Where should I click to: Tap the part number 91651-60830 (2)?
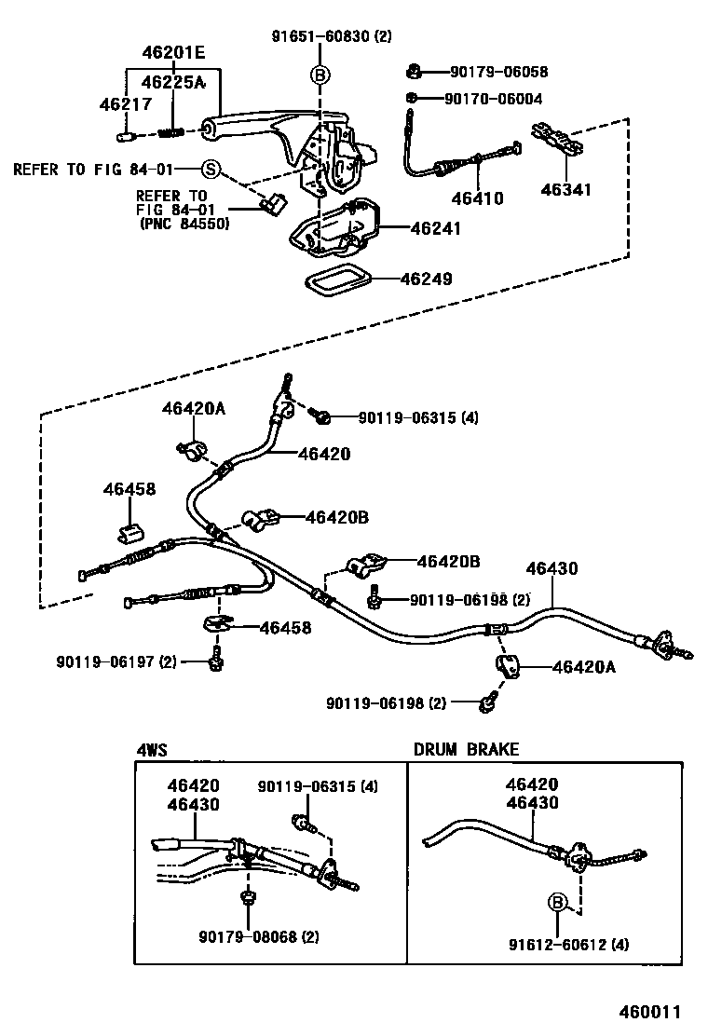pyautogui.click(x=332, y=37)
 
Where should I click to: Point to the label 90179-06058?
pyautogui.click(x=498, y=72)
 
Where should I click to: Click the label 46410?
pyautogui.click(x=477, y=198)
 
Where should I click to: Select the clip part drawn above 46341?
pyautogui.click(x=556, y=142)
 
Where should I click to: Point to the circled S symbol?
pyautogui.click(x=211, y=169)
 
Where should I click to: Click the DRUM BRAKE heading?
pyautogui.click(x=467, y=749)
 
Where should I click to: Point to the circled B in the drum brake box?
pyautogui.click(x=557, y=901)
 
